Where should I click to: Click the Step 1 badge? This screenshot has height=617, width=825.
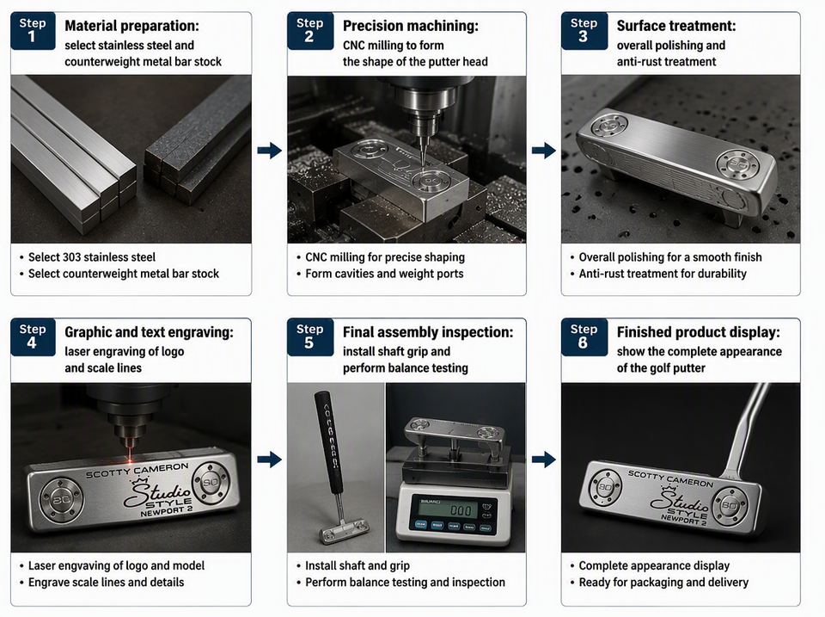[x=33, y=31]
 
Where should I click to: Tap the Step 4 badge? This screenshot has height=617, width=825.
[x=33, y=337]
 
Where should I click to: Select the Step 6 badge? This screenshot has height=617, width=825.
[x=584, y=337]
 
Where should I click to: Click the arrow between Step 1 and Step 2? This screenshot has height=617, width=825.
[x=269, y=151]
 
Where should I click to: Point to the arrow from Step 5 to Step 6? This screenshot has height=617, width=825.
[x=544, y=460]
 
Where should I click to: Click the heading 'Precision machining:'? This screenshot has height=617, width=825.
[x=411, y=26]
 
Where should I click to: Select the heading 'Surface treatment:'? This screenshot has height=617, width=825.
[x=676, y=26]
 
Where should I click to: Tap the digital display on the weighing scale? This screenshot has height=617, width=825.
[x=454, y=509]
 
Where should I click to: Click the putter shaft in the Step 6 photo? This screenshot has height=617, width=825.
[x=747, y=428]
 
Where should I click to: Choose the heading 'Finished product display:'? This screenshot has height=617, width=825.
[x=698, y=332]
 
